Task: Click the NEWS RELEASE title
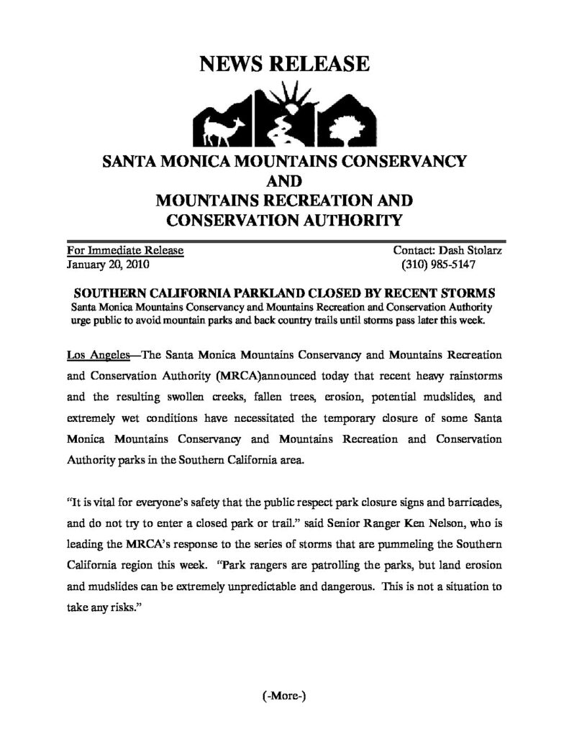point(284,65)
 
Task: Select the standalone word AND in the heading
point(284,180)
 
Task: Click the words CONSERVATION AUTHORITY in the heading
point(284,218)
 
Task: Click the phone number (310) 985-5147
point(439,264)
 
